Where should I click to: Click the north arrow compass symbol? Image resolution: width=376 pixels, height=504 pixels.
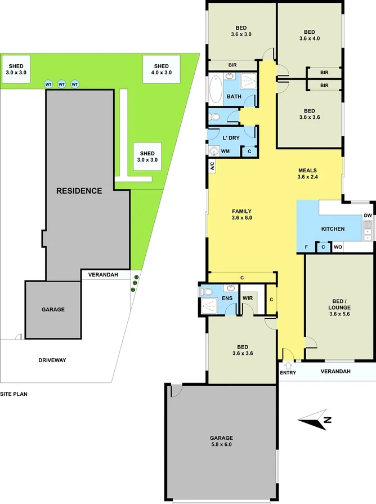click(315, 419)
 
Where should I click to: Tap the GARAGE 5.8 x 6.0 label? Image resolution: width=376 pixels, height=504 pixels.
click(221, 441)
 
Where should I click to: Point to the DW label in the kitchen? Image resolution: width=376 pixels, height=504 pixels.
click(368, 216)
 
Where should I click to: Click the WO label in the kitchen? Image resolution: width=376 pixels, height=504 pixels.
click(338, 247)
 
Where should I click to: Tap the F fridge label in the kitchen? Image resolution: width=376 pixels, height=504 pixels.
click(306, 247)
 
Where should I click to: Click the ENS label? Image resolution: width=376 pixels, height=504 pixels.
click(227, 297)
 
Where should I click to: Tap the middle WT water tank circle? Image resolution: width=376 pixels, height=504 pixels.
click(62, 84)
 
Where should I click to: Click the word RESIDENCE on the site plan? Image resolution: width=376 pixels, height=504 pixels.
click(79, 191)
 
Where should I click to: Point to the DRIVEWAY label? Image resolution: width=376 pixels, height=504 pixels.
click(52, 360)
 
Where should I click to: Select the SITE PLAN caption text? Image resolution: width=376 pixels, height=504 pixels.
click(14, 394)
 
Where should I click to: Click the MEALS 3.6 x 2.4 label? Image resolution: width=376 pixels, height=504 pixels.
click(308, 174)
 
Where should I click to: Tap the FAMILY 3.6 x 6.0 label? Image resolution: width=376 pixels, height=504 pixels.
click(241, 215)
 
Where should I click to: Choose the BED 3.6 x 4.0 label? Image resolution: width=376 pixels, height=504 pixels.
click(309, 35)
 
